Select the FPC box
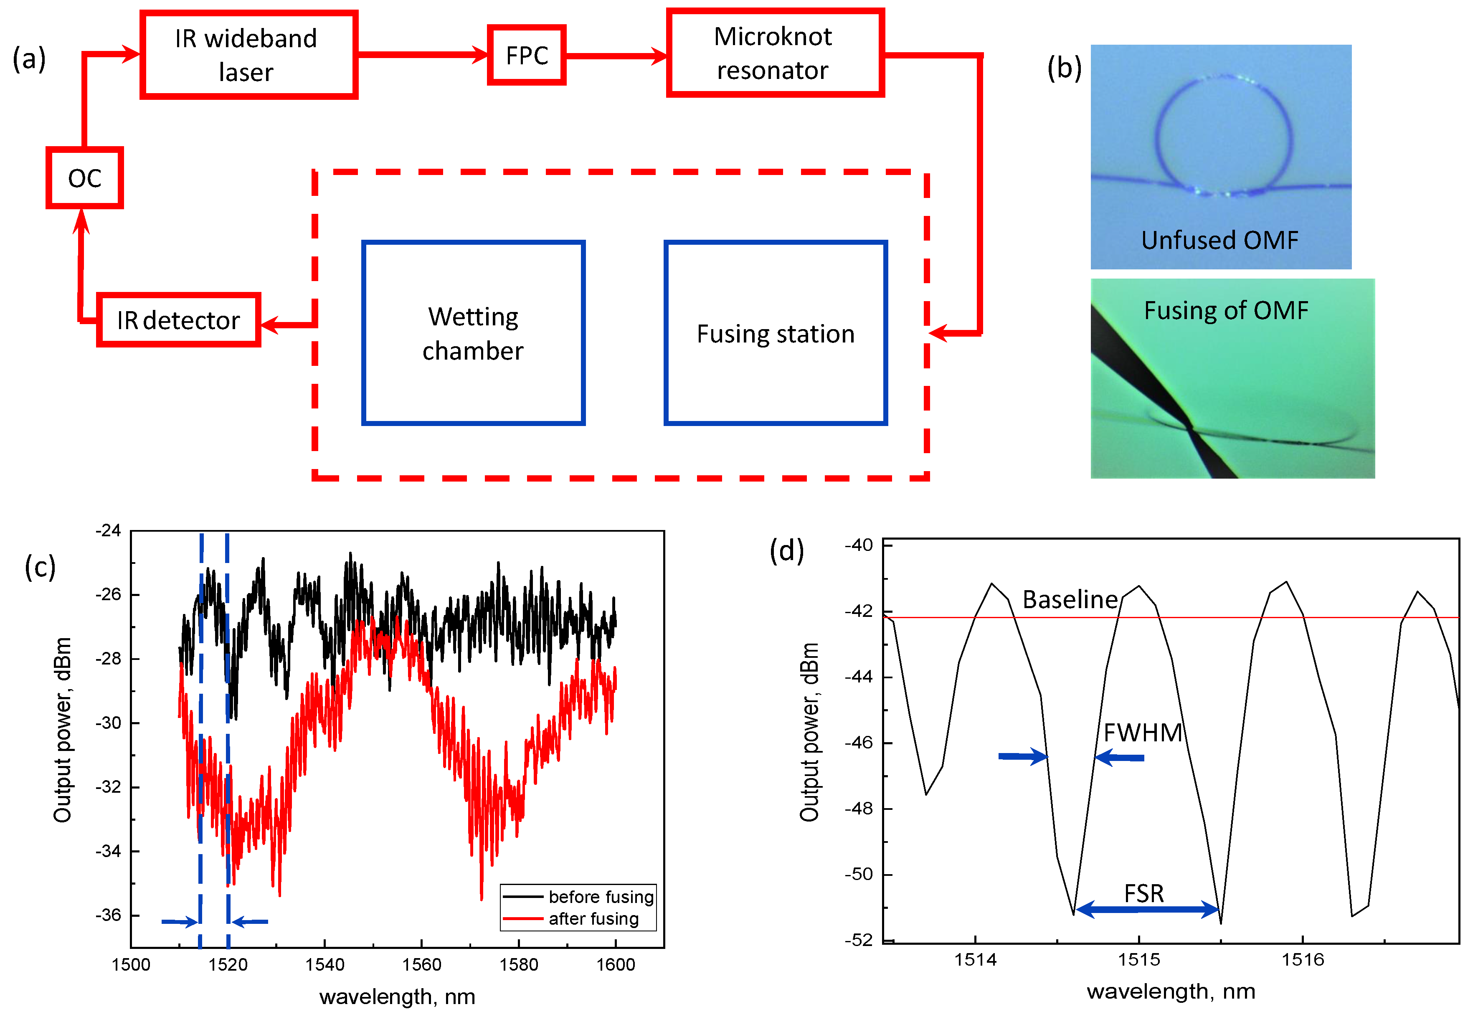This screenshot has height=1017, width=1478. [527, 56]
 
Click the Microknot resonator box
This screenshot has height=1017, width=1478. [775, 53]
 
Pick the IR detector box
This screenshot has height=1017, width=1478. [178, 320]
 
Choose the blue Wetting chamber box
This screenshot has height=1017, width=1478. [473, 332]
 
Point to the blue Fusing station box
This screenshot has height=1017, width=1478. [775, 332]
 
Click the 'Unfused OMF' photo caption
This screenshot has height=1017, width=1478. [1219, 240]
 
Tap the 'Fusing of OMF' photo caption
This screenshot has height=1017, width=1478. [1226, 310]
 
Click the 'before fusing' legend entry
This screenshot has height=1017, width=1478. [601, 897]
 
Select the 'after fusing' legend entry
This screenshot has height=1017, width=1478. [593, 918]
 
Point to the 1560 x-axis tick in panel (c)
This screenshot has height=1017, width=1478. [422, 964]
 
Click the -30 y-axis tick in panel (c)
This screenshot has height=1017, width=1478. [108, 723]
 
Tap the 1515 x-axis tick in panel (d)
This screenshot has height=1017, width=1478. [1139, 959]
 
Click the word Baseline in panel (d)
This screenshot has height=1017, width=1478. [1070, 600]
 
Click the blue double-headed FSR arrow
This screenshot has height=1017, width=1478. [1147, 909]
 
